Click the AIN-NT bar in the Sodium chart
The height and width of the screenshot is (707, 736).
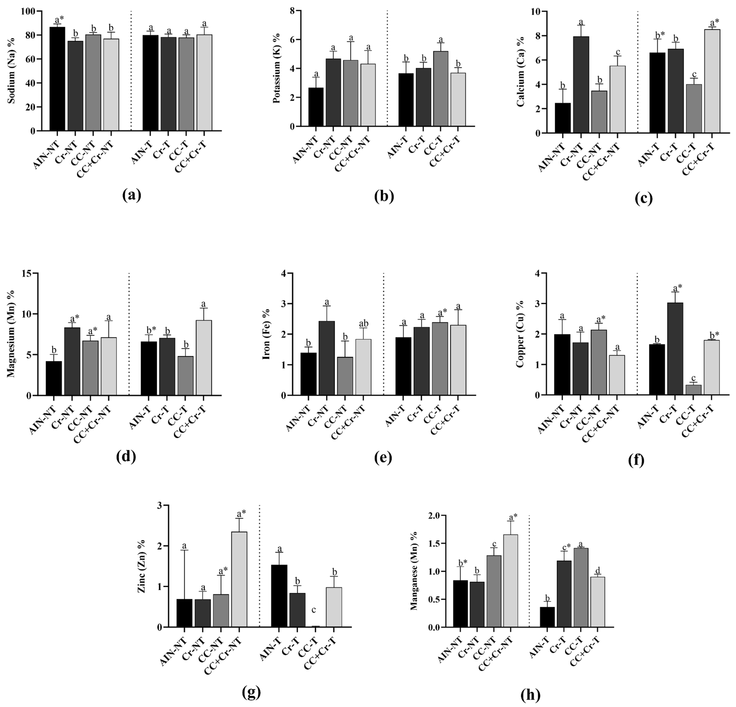tap(57, 79)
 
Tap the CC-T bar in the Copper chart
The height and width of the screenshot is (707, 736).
tap(693, 390)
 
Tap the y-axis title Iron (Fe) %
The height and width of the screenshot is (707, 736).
tap(267, 334)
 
